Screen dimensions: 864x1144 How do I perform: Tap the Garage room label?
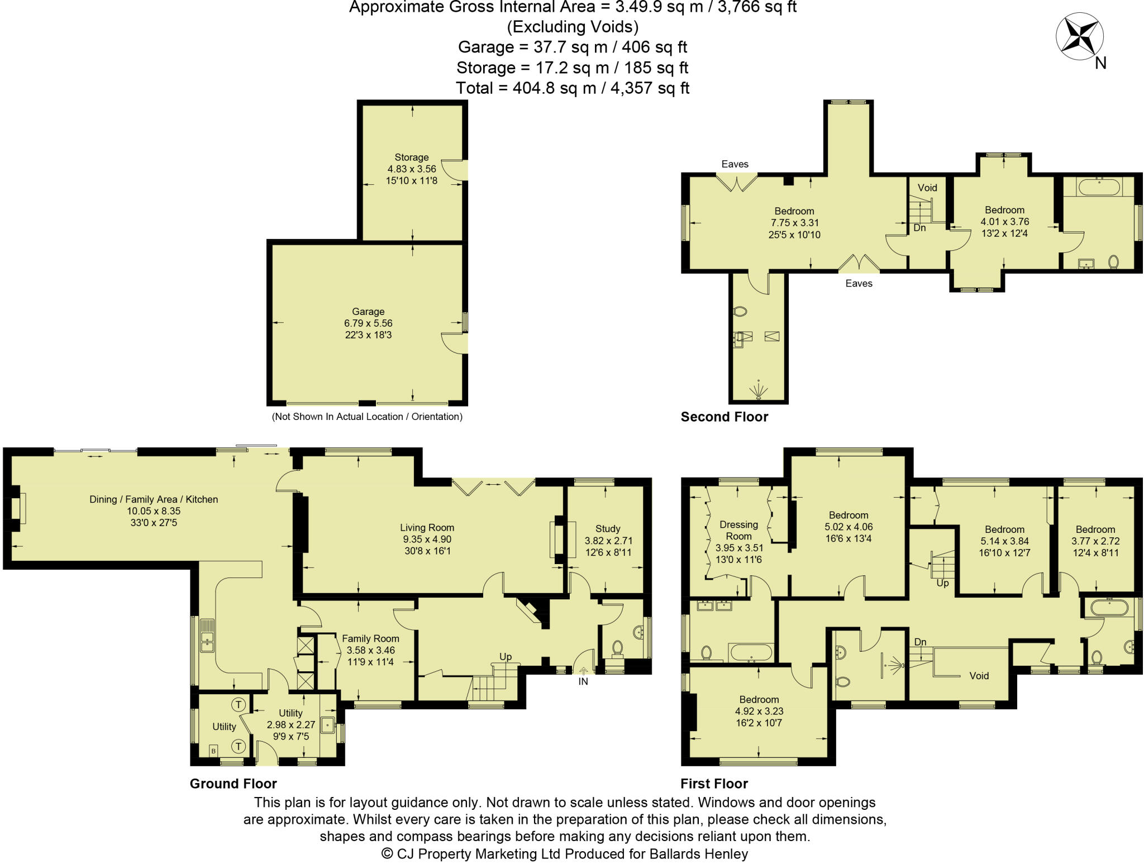coord(368,312)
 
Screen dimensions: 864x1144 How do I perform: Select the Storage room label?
coord(411,157)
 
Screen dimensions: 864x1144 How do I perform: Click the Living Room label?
coord(427,527)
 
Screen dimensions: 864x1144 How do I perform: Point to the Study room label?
coord(608,528)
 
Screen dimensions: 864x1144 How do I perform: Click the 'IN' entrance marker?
coord(583,681)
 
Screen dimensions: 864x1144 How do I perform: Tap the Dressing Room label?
coord(738,530)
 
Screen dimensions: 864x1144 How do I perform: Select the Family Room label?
coord(370,638)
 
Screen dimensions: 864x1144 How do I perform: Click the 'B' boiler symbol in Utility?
coord(213,751)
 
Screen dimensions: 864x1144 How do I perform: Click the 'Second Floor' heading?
coord(724,417)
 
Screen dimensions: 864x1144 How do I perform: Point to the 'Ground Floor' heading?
coord(233,784)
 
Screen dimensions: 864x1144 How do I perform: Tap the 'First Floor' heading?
coord(714,784)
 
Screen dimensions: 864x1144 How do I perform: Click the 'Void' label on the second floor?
coord(927,188)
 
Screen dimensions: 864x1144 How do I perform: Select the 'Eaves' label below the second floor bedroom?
coord(859,284)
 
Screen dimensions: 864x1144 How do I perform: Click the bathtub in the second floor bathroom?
coord(1099,187)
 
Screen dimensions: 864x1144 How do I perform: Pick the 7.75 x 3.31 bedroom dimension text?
coord(794,223)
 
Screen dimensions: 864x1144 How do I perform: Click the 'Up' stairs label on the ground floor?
coord(505,657)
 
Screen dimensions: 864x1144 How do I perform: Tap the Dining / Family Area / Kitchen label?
coord(154,499)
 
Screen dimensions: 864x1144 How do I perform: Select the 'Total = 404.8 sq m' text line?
coord(572,88)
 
